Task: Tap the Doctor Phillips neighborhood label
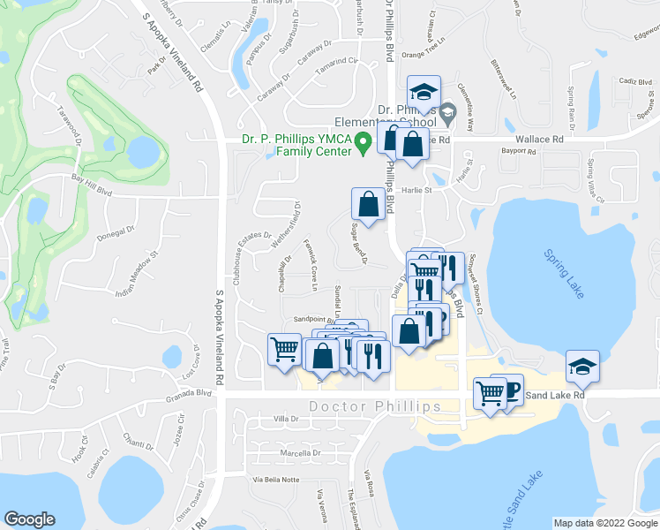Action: (x=375, y=406)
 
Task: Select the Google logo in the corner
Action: (x=30, y=519)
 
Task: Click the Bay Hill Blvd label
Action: (x=92, y=181)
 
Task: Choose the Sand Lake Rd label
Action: (x=556, y=396)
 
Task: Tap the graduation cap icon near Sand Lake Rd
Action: (x=582, y=365)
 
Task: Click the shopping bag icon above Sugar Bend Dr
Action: (x=367, y=203)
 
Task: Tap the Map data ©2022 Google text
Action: (x=604, y=523)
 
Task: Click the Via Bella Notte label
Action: (x=276, y=480)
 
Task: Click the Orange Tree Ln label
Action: (x=420, y=55)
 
